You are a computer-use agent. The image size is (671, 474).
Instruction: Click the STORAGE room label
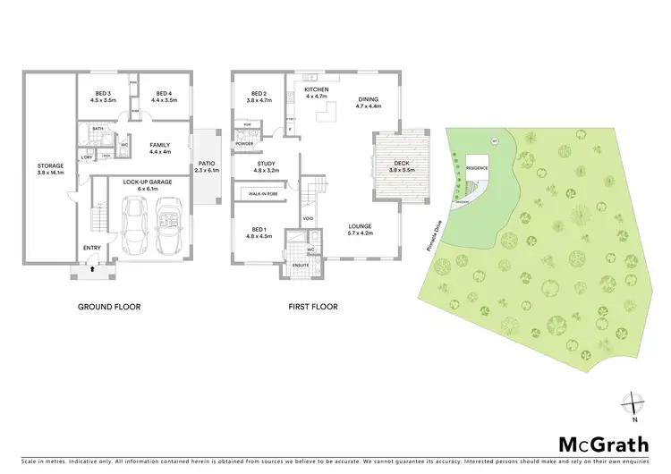click(51, 165)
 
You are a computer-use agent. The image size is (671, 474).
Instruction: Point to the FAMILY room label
click(160, 145)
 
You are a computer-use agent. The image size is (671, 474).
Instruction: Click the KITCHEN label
click(317, 91)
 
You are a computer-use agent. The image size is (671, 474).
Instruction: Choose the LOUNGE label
click(360, 226)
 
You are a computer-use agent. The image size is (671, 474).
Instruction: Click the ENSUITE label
click(300, 265)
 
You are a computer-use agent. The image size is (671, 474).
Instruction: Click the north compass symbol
click(633, 404)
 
